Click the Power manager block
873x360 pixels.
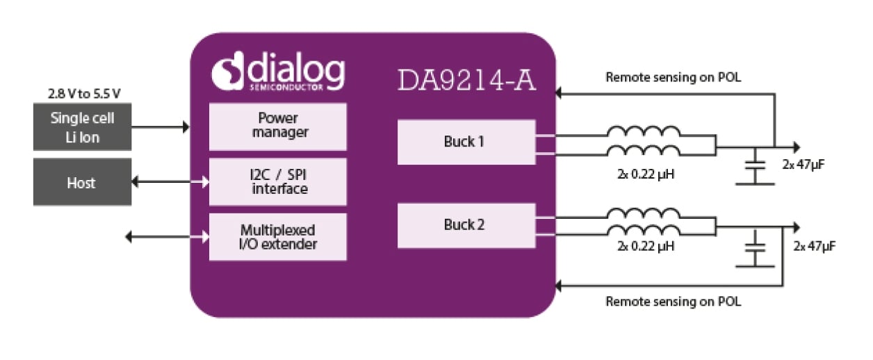point(277,126)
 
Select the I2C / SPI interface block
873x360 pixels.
point(277,182)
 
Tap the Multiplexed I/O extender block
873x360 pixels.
point(277,237)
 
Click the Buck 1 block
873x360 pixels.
point(466,142)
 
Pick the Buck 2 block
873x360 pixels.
point(466,225)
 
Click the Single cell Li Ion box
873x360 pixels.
point(82,127)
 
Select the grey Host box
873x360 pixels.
point(82,182)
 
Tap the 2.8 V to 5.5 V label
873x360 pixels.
point(82,93)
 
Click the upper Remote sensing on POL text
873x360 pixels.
point(673,77)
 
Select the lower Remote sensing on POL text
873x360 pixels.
point(673,302)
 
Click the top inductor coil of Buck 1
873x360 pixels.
point(644,132)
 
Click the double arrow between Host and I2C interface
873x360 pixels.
point(170,182)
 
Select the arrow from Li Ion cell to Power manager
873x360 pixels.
point(160,127)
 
